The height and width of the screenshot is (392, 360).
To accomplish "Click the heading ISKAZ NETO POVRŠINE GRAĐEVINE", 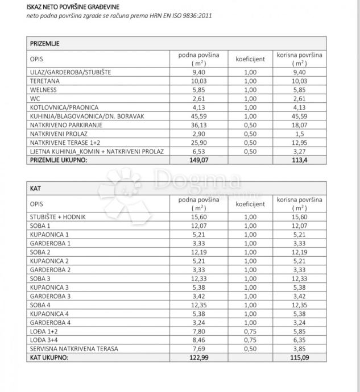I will [x=73, y=7].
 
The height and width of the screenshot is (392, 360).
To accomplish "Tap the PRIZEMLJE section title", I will [x=45, y=43].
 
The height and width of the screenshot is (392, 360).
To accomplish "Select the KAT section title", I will [x=35, y=188].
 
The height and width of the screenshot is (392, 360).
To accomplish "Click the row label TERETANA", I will [x=44, y=81].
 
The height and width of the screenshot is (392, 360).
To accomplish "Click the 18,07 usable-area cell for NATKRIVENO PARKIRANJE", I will [x=299, y=125].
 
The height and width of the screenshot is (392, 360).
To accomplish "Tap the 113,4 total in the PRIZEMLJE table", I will [x=299, y=160].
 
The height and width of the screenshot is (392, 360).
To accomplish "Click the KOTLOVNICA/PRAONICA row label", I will [x=64, y=107].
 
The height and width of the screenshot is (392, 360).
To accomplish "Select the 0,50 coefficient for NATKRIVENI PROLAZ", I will [x=250, y=134].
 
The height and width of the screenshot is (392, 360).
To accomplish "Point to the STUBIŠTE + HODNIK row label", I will [x=58, y=216].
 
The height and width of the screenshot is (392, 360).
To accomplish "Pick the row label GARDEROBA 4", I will [x=51, y=322].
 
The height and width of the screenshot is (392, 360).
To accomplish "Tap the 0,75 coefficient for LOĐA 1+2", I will [x=250, y=331].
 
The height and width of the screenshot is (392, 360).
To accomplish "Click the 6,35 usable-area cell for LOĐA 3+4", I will [x=299, y=340].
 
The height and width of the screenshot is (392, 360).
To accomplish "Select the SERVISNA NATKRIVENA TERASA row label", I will [x=74, y=349].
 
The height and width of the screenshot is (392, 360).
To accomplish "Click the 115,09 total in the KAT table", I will [x=299, y=357].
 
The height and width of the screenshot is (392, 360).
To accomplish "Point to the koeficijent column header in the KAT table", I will [x=250, y=203].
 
